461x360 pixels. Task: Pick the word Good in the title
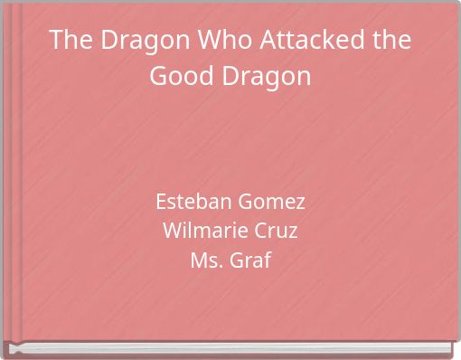coord(176,76)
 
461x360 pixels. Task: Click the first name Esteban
coord(190,200)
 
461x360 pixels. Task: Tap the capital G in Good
coord(157,76)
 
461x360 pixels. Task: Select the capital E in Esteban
coord(161,200)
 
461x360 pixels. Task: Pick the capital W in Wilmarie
coord(171,231)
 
